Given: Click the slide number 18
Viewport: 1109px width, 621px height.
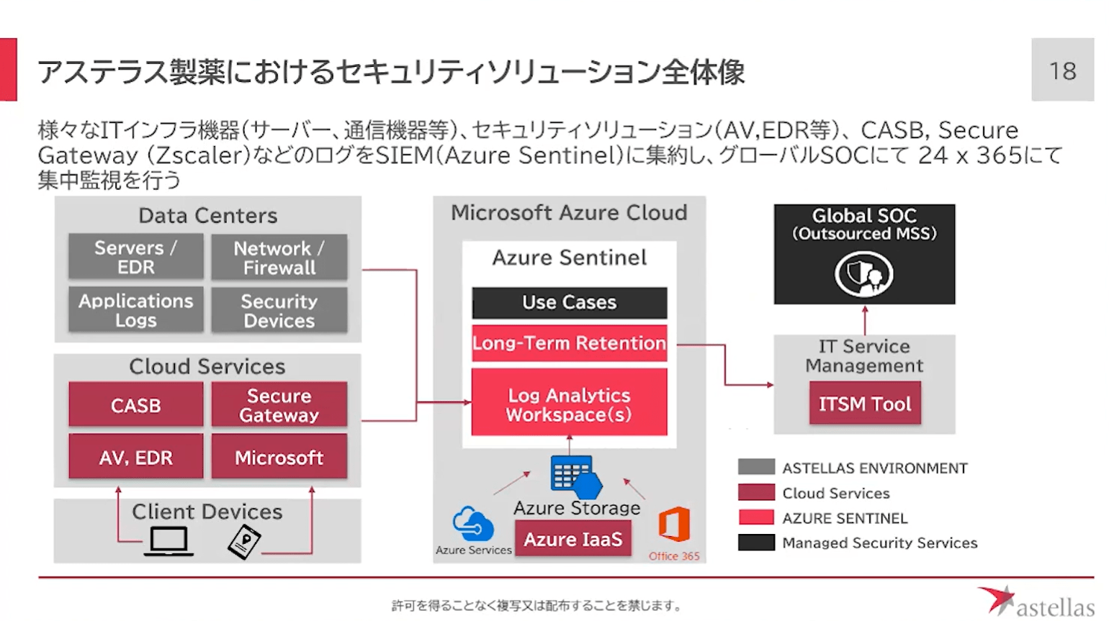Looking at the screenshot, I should [1062, 71].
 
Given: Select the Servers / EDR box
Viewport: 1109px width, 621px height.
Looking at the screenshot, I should [135, 257].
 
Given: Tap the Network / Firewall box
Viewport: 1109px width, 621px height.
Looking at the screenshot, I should [279, 257].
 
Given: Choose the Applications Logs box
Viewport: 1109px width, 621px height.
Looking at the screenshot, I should [135, 310].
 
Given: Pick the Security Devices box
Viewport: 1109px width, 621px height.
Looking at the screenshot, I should [279, 310].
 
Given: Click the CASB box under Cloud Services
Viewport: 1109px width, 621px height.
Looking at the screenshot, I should [135, 405].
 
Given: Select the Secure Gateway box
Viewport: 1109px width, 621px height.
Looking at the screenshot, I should [279, 405].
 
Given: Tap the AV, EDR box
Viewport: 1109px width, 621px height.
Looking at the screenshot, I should [135, 457].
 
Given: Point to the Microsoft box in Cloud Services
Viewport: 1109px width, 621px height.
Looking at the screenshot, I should [279, 457].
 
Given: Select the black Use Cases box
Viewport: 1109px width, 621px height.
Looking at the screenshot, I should [569, 302].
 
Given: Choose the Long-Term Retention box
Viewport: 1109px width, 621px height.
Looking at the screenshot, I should [569, 343].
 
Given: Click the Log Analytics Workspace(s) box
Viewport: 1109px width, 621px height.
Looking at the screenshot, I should [569, 404].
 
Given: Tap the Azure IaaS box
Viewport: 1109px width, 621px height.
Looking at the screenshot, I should [573, 539].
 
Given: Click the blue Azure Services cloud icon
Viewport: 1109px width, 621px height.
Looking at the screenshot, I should [472, 524].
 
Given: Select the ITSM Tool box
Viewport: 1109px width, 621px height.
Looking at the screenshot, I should [864, 404].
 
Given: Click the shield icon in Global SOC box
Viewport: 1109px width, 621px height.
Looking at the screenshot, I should [863, 274].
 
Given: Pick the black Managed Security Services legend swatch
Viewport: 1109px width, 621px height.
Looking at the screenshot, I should [756, 543].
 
